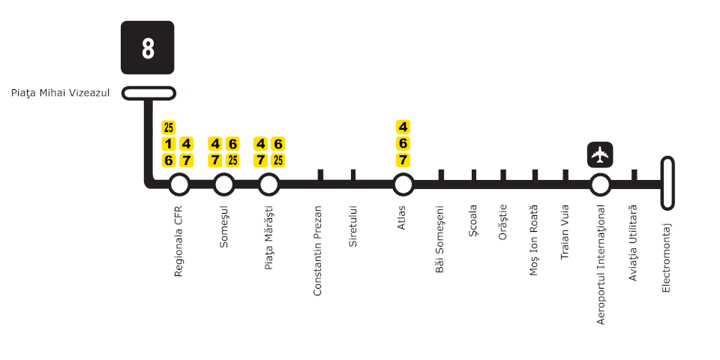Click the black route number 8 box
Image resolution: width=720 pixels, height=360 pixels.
pyautogui.click(x=148, y=47)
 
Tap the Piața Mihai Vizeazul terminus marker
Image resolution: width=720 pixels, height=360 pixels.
pyautogui.click(x=148, y=93)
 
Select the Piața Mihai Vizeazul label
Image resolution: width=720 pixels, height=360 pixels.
pyautogui.click(x=61, y=93)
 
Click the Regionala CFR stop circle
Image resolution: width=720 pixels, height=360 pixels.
pyautogui.click(x=178, y=184)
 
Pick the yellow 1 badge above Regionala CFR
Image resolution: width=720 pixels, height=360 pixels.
pyautogui.click(x=169, y=143)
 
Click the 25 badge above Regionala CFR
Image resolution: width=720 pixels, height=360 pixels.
pyautogui.click(x=169, y=127)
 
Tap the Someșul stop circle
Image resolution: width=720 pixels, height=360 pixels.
pyautogui.click(x=223, y=184)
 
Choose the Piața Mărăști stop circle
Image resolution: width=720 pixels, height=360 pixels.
pyautogui.click(x=268, y=184)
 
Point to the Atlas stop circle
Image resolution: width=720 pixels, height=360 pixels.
pyautogui.click(x=403, y=184)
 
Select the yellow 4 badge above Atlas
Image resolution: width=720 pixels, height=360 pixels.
pyautogui.click(x=403, y=127)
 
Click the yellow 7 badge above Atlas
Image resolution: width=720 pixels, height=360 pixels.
pyautogui.click(x=403, y=160)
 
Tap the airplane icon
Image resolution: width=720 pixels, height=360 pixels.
pyautogui.click(x=599, y=154)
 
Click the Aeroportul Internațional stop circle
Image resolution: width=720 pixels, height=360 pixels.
pyautogui.click(x=599, y=184)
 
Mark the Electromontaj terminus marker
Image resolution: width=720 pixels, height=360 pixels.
pyautogui.click(x=667, y=183)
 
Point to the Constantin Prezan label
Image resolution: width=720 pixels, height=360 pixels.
pyautogui.click(x=318, y=250)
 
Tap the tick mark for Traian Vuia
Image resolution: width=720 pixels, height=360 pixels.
pyautogui.click(x=567, y=175)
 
